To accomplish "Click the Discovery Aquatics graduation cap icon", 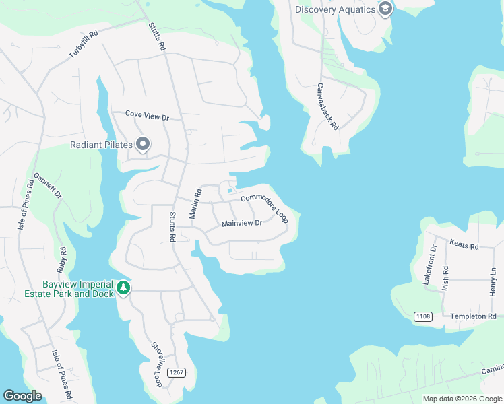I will click(x=385, y=9).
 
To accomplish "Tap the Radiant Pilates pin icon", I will click(x=142, y=144).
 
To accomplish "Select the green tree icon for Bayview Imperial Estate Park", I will click(x=123, y=288).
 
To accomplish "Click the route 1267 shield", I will click(x=177, y=372).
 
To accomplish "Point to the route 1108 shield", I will click(x=422, y=316).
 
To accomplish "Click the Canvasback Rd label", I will click(x=329, y=107).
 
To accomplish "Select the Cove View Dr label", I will click(x=146, y=116).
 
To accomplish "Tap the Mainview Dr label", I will click(x=241, y=223).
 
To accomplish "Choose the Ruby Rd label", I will click(x=63, y=259).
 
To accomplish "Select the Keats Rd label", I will click(x=464, y=246).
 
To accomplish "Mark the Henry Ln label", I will click(x=493, y=280).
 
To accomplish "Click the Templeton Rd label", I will click(x=473, y=316).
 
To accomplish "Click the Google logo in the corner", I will click(x=22, y=396).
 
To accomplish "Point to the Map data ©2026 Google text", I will click(x=462, y=399).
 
